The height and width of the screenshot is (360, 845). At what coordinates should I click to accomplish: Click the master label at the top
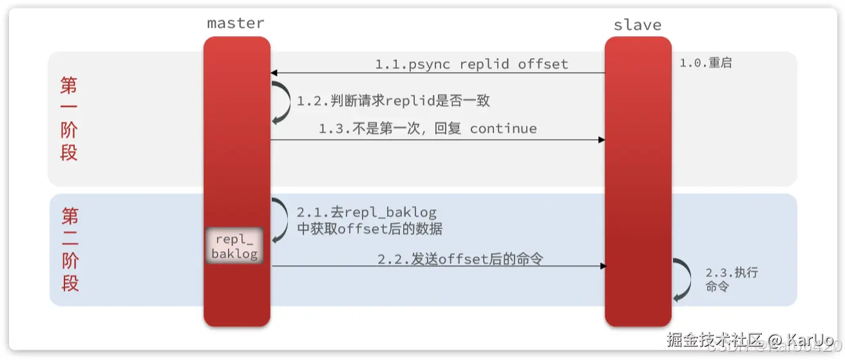pyautogui.click(x=235, y=23)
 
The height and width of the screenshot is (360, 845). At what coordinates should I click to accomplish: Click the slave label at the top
pyautogui.click(x=638, y=25)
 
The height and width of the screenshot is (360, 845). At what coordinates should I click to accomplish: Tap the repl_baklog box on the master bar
pyautogui.click(x=234, y=245)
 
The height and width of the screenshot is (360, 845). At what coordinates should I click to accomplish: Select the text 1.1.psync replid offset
pyautogui.click(x=471, y=64)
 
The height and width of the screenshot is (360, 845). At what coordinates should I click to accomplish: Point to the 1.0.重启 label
pyautogui.click(x=705, y=64)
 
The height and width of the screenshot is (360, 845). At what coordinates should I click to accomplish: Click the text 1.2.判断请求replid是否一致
pyautogui.click(x=394, y=101)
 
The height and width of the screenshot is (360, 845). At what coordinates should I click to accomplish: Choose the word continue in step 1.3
pyautogui.click(x=503, y=128)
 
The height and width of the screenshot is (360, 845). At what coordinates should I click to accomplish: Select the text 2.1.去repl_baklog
pyautogui.click(x=366, y=213)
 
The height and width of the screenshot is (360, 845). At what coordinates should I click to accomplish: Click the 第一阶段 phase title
pyautogui.click(x=69, y=118)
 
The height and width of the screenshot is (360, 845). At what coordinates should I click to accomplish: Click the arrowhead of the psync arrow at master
pyautogui.click(x=274, y=73)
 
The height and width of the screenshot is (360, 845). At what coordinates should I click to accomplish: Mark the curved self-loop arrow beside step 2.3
pyautogui.click(x=681, y=279)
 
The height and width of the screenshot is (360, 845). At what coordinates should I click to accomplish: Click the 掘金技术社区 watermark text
pyautogui.click(x=715, y=339)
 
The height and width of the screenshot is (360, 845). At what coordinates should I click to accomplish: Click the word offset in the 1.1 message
pyautogui.click(x=543, y=64)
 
